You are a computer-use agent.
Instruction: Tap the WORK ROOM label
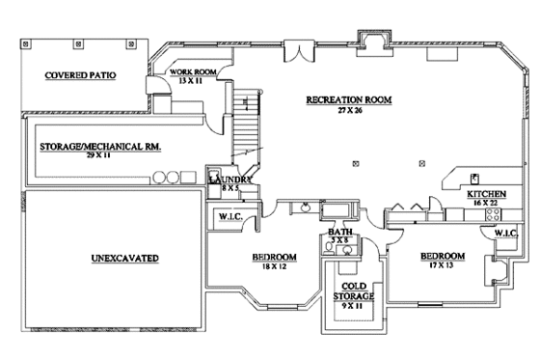(x=192, y=72)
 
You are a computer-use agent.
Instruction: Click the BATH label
(x=338, y=233)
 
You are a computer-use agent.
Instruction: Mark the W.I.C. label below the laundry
(x=229, y=216)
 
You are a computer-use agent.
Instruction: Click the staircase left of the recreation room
(x=250, y=125)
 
